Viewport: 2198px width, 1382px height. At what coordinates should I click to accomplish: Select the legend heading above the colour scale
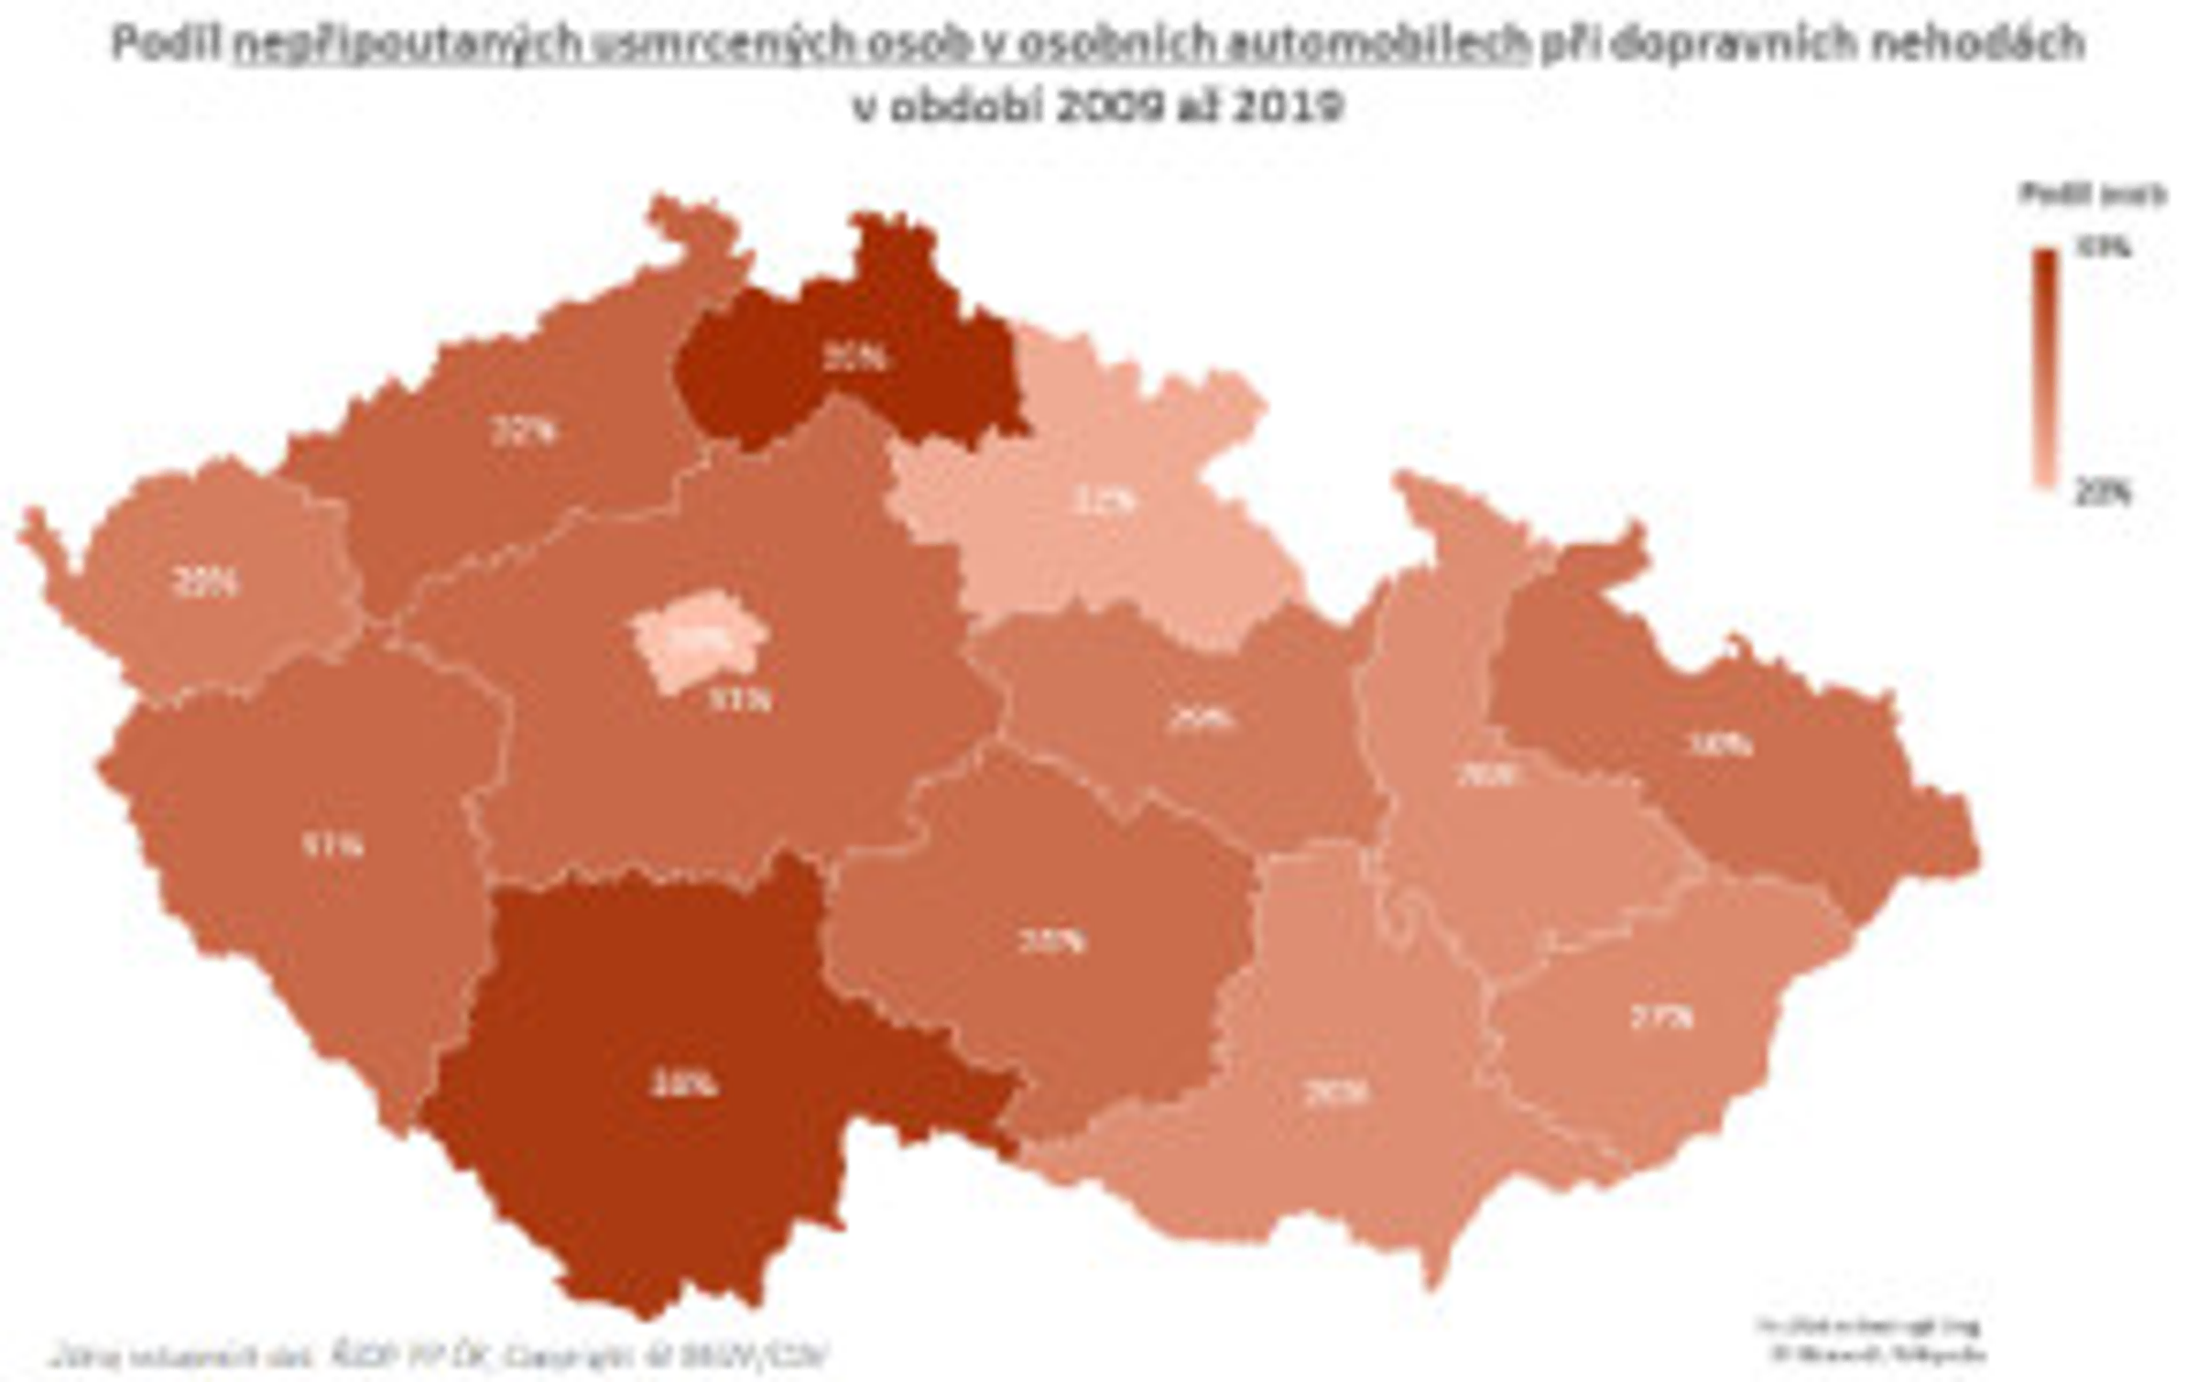click(2094, 195)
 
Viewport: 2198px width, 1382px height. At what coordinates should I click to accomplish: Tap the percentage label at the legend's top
click(2103, 248)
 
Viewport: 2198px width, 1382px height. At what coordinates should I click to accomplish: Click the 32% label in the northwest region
click(524, 430)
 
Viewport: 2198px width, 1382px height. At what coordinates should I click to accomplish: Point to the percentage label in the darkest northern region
click(854, 358)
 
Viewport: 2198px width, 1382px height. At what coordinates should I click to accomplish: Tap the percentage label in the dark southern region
click(682, 1085)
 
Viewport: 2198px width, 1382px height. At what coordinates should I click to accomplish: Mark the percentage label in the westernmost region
click(205, 582)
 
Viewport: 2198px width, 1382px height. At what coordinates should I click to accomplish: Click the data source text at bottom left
click(440, 1355)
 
